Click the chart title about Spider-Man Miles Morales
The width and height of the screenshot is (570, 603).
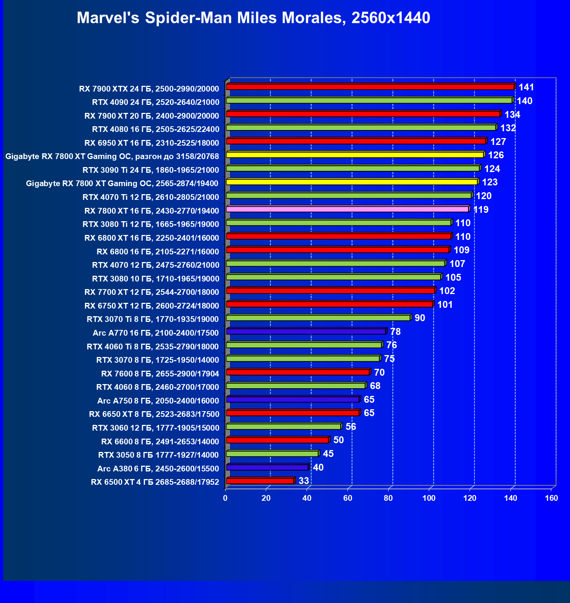[x=253, y=18]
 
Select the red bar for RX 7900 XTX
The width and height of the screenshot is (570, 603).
[x=370, y=87]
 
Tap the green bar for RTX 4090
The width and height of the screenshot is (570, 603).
[x=369, y=100]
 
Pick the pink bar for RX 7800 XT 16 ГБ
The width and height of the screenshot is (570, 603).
[x=347, y=209]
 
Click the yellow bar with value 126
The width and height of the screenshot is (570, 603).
[x=355, y=154]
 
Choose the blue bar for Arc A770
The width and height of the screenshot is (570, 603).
[x=306, y=331]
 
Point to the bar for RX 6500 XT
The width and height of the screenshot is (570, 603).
[x=260, y=481]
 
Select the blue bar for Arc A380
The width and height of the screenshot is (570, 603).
[x=267, y=467]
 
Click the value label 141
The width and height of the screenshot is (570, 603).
[x=526, y=87]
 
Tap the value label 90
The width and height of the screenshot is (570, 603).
[x=420, y=318]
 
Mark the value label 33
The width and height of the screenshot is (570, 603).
[x=304, y=481]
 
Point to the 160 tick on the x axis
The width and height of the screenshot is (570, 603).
[x=551, y=498]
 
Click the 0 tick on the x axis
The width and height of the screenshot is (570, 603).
[x=225, y=498]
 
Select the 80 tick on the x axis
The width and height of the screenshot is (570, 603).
[x=388, y=498]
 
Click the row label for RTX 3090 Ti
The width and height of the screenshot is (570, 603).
[x=151, y=170]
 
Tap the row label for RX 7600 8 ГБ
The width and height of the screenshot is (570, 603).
[x=160, y=374]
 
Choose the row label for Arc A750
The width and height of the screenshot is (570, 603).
[x=158, y=401]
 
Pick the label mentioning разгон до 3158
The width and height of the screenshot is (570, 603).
[x=112, y=156]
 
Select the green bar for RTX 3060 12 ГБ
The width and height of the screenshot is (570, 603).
[x=283, y=426]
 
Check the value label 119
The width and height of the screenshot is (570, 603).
[x=481, y=210]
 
